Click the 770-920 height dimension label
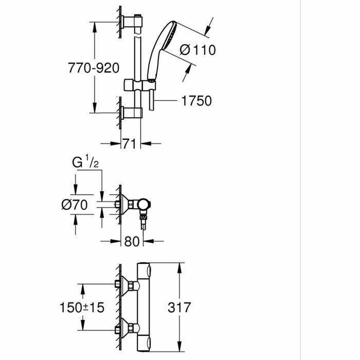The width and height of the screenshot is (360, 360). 93,67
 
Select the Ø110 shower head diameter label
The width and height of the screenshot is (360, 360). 197,50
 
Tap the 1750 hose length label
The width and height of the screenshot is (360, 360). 197,101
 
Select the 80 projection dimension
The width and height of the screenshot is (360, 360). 132,240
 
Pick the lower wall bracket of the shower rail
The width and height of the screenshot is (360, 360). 133,113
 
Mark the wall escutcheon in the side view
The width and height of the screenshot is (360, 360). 125,204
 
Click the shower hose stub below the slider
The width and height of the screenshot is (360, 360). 151,100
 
